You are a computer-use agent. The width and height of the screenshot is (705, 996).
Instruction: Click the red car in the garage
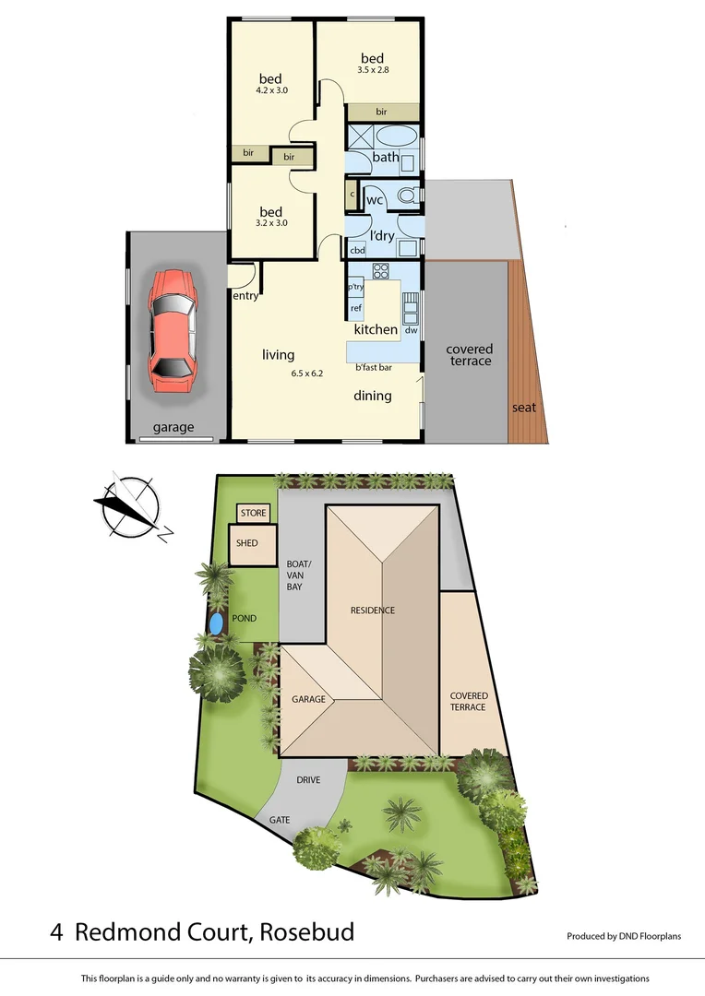point(173,330)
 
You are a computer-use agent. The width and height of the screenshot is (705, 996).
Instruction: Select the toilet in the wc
point(409,196)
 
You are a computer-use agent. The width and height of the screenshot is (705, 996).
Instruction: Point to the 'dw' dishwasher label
point(411,330)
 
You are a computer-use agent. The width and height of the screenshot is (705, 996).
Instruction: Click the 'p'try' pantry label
point(355,287)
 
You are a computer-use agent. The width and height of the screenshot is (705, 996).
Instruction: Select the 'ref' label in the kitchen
point(355,307)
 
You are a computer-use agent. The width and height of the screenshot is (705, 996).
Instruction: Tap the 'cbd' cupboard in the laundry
point(357,250)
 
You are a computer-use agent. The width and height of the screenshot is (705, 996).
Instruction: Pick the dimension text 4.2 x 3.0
point(272,90)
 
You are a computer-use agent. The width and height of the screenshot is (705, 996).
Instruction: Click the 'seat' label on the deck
point(524,408)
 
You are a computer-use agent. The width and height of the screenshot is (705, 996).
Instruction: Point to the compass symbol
point(132,506)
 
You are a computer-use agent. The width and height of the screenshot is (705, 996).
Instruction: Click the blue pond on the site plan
point(216,624)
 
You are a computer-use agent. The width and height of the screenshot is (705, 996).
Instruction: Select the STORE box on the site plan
point(253,513)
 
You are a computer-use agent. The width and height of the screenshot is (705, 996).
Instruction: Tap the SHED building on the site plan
point(247,544)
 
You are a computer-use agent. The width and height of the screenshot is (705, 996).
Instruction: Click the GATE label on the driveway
point(279,820)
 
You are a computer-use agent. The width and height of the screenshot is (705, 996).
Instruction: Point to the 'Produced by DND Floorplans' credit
point(624,936)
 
